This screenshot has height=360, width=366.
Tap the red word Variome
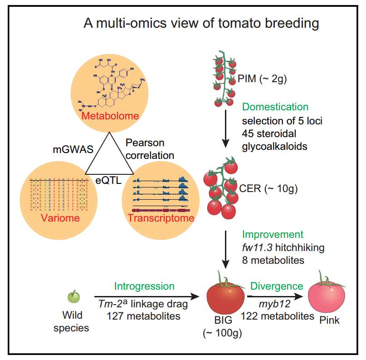(60, 218)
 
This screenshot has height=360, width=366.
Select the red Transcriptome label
(161, 218)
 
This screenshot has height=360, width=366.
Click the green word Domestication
(275, 107)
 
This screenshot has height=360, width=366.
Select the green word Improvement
(272, 235)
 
